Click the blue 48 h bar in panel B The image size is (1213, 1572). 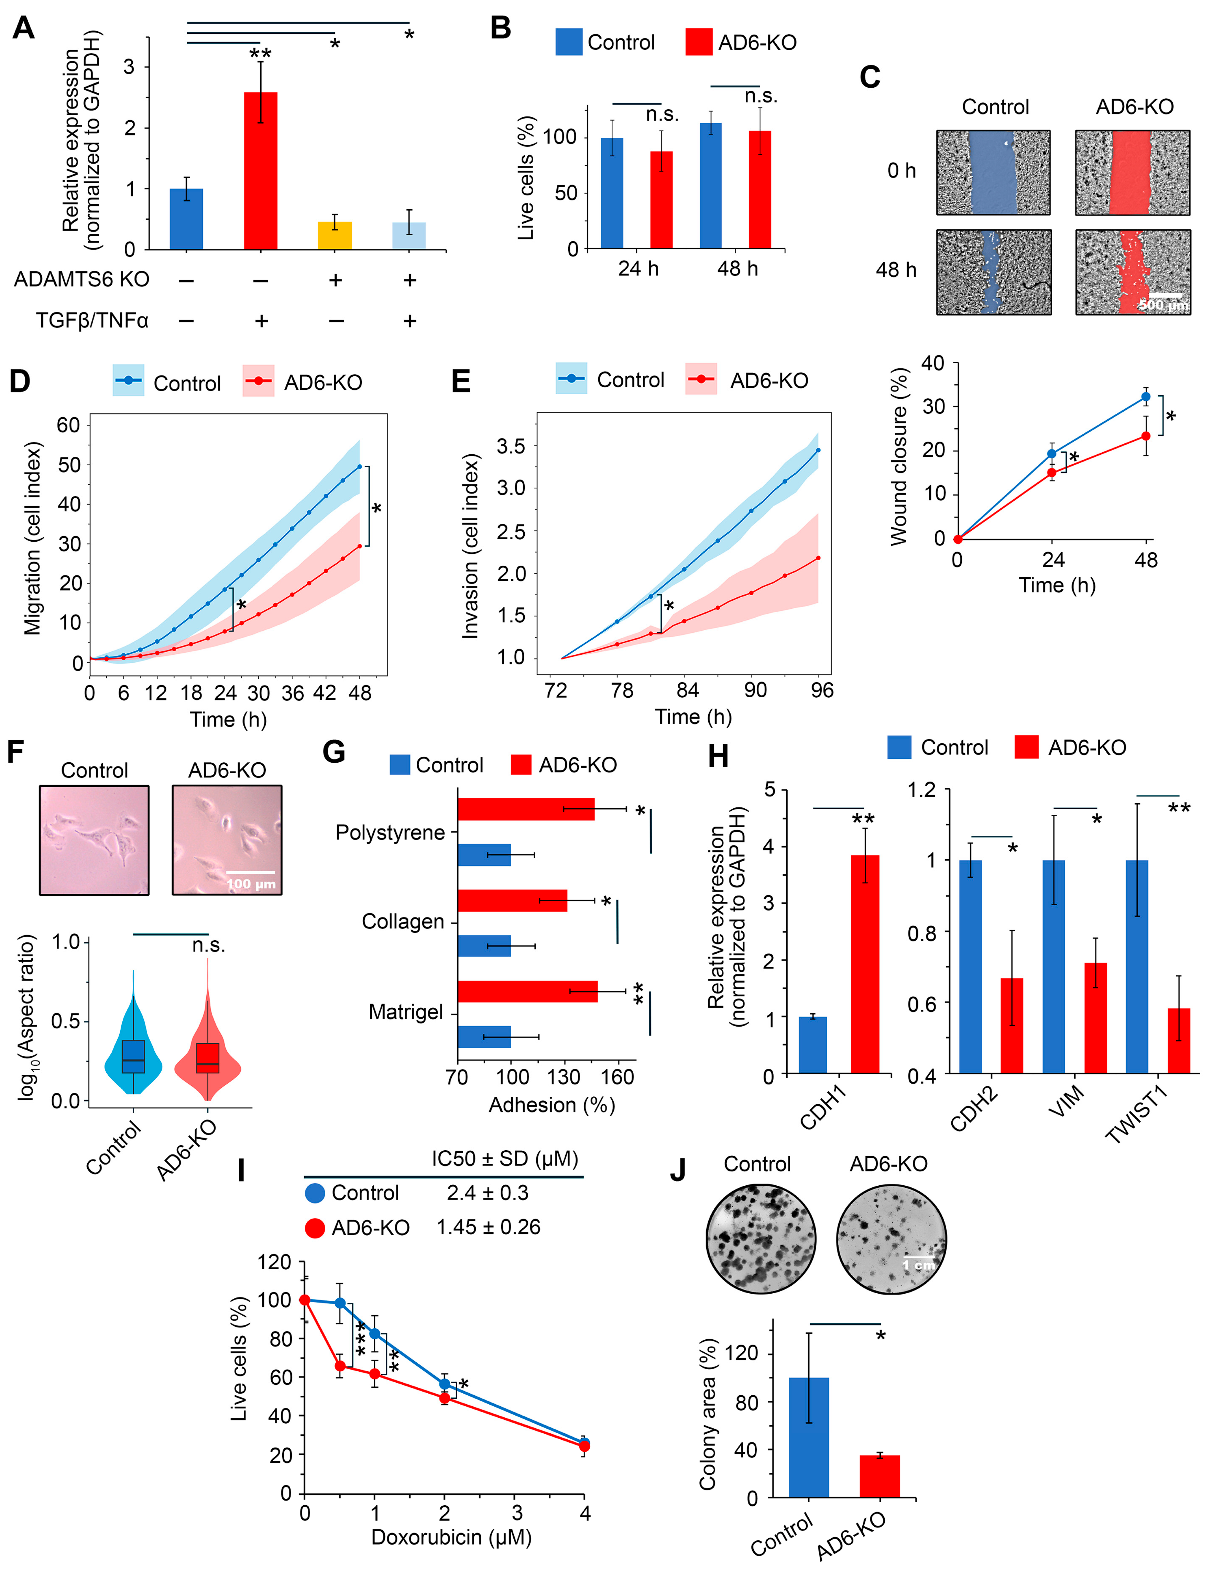pyautogui.click(x=711, y=186)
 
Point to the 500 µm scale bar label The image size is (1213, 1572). pyautogui.click(x=1162, y=305)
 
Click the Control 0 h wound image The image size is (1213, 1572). pyautogui.click(x=993, y=173)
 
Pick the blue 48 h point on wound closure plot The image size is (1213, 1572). pyautogui.click(x=1145, y=397)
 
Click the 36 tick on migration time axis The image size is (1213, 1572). pyautogui.click(x=292, y=693)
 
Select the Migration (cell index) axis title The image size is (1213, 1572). pyautogui.click(x=32, y=539)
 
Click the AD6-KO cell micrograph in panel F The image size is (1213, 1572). pyautogui.click(x=227, y=840)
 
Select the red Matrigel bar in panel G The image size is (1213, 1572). pyautogui.click(x=527, y=991)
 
